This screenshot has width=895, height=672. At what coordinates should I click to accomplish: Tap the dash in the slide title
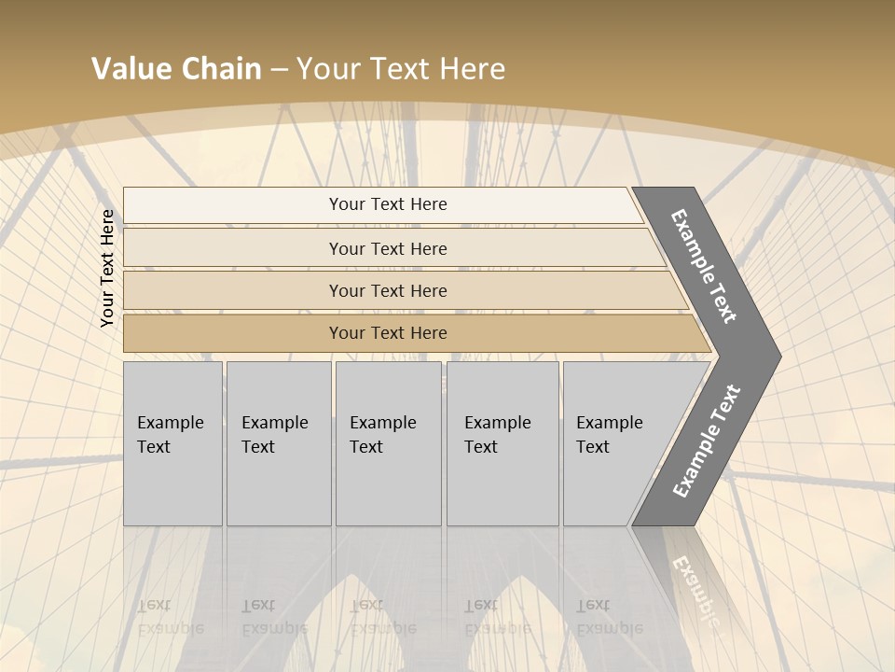point(279,70)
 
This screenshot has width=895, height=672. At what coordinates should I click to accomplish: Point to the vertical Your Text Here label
point(107,268)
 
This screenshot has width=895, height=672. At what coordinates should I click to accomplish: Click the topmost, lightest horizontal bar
point(387,205)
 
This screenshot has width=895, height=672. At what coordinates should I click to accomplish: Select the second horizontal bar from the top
point(387,249)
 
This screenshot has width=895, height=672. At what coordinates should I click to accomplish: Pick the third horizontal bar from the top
point(387,291)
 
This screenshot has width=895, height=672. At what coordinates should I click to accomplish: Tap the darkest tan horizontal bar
point(387,333)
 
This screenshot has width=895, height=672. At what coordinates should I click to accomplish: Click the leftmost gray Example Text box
point(172,443)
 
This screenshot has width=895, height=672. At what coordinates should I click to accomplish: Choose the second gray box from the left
point(278,443)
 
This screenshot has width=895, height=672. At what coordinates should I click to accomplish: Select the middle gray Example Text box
point(388,443)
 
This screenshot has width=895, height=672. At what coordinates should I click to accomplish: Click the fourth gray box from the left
point(503,443)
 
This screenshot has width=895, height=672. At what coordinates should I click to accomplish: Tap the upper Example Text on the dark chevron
point(704,266)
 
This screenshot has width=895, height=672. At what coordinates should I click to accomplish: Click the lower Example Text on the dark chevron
point(707,441)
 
